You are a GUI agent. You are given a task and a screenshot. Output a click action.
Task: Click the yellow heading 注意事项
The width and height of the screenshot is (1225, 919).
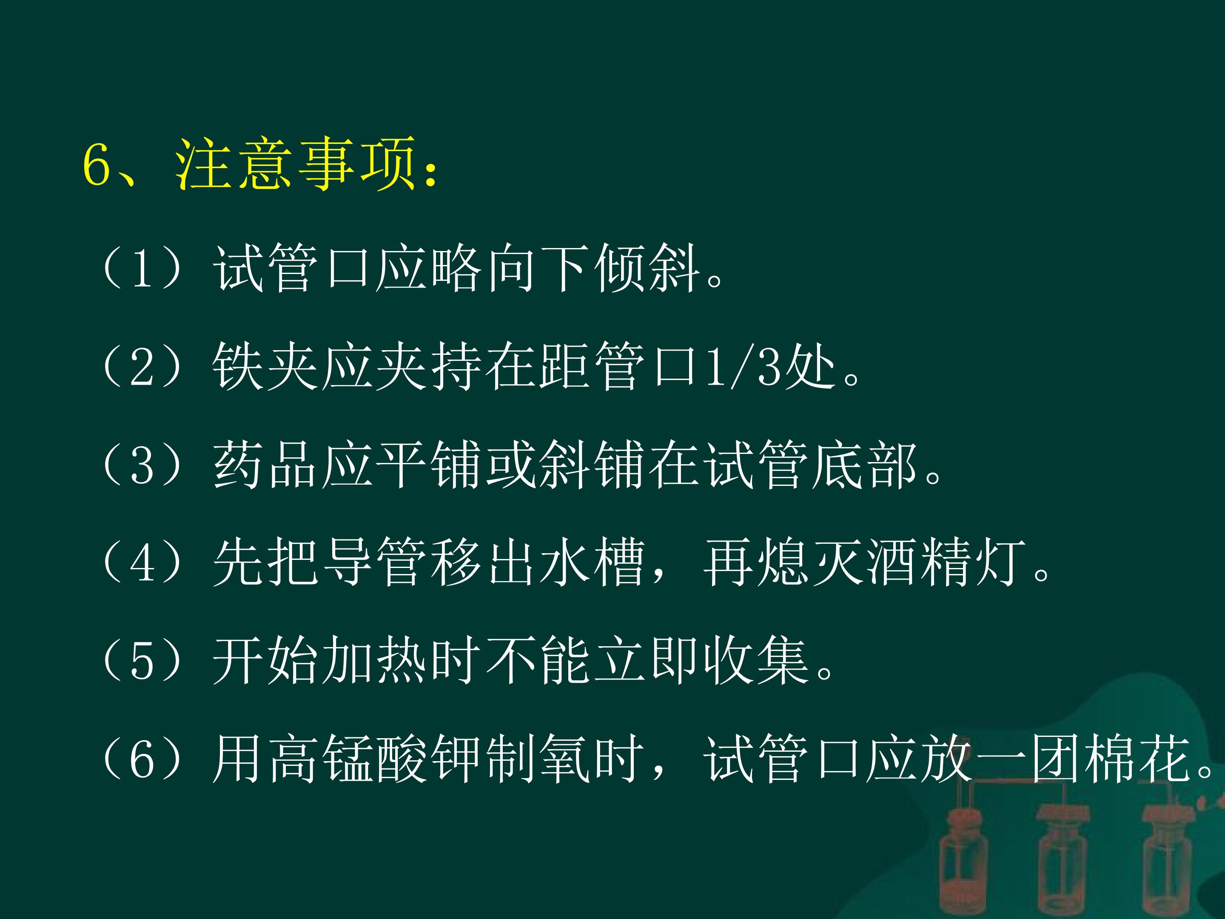(x=295, y=165)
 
